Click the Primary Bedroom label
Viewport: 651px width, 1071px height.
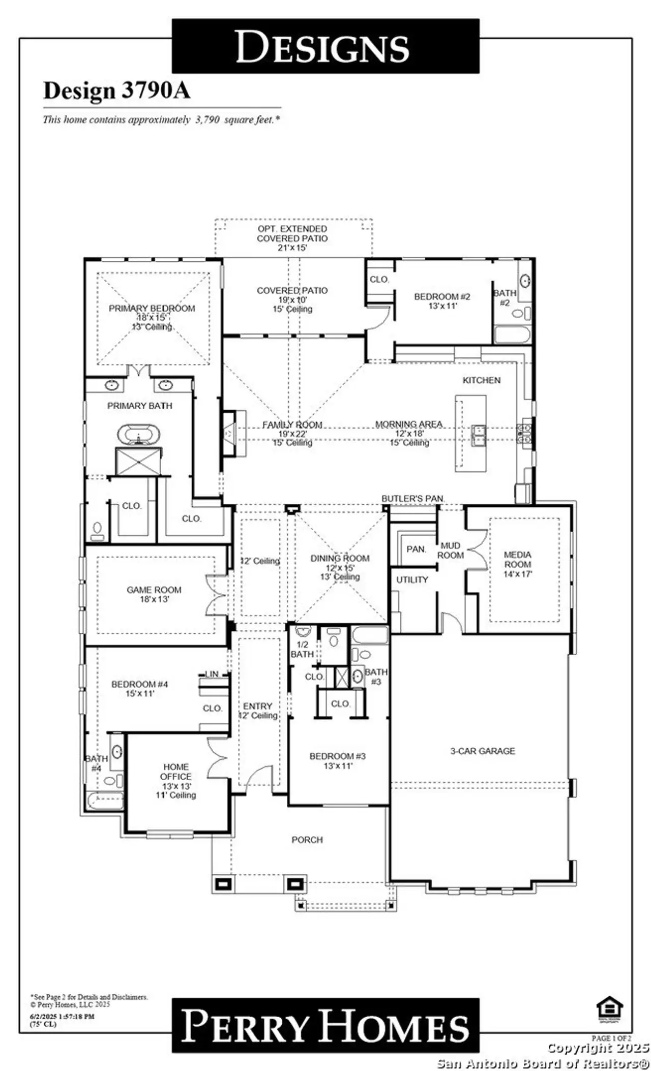[152, 308]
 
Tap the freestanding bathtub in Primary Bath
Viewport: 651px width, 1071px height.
[138, 436]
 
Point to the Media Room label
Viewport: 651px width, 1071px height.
[517, 559]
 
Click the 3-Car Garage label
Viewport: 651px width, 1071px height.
[482, 751]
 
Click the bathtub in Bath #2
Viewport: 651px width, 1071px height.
[512, 335]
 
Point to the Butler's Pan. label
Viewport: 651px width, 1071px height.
[413, 499]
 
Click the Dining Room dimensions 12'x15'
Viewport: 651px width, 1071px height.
[340, 567]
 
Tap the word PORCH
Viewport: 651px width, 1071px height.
[307, 840]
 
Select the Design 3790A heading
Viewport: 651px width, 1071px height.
[116, 91]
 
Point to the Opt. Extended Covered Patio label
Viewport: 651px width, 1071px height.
[292, 238]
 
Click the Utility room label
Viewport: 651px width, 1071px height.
[412, 579]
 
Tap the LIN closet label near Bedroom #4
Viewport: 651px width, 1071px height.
[212, 674]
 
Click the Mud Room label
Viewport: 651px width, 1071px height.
[450, 550]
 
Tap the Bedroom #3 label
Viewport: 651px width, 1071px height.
[337, 756]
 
